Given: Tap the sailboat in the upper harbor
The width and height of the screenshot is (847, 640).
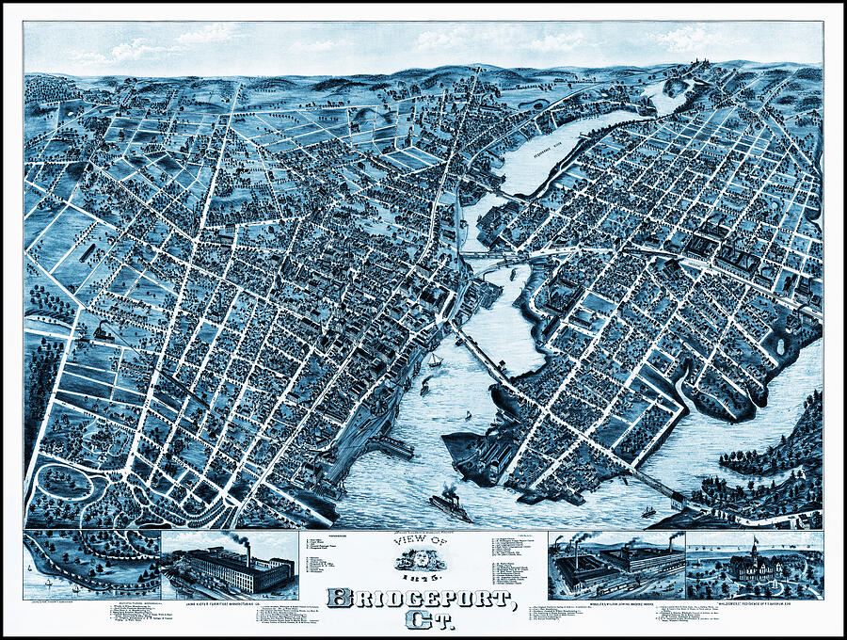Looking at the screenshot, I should point(435,360).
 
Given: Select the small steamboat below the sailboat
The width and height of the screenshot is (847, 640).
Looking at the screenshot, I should point(425,385).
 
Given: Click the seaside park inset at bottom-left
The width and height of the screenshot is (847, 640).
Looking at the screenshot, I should point(91,563).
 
